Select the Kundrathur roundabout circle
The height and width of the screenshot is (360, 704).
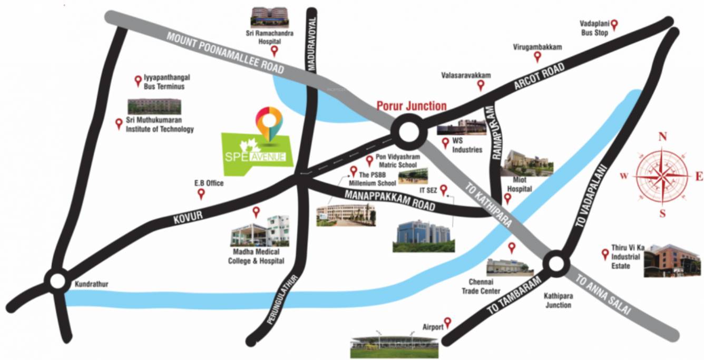(x=56, y=280)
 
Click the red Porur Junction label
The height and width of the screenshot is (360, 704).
(x=412, y=105)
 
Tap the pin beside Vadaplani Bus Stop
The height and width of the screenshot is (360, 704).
(x=614, y=24)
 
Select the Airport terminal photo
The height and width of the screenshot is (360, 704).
(x=395, y=345)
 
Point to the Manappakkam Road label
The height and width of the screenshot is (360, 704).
(x=390, y=200)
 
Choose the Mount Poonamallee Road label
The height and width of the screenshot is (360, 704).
(x=226, y=53)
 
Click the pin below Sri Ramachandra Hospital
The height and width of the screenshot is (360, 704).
(x=274, y=51)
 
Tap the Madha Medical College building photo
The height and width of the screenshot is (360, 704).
(x=260, y=232)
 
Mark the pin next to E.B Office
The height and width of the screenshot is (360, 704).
(x=201, y=194)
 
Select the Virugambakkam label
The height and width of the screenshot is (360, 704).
(x=537, y=47)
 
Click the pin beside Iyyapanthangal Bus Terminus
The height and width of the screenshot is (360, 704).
(x=138, y=80)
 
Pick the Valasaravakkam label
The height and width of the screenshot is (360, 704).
(x=466, y=75)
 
